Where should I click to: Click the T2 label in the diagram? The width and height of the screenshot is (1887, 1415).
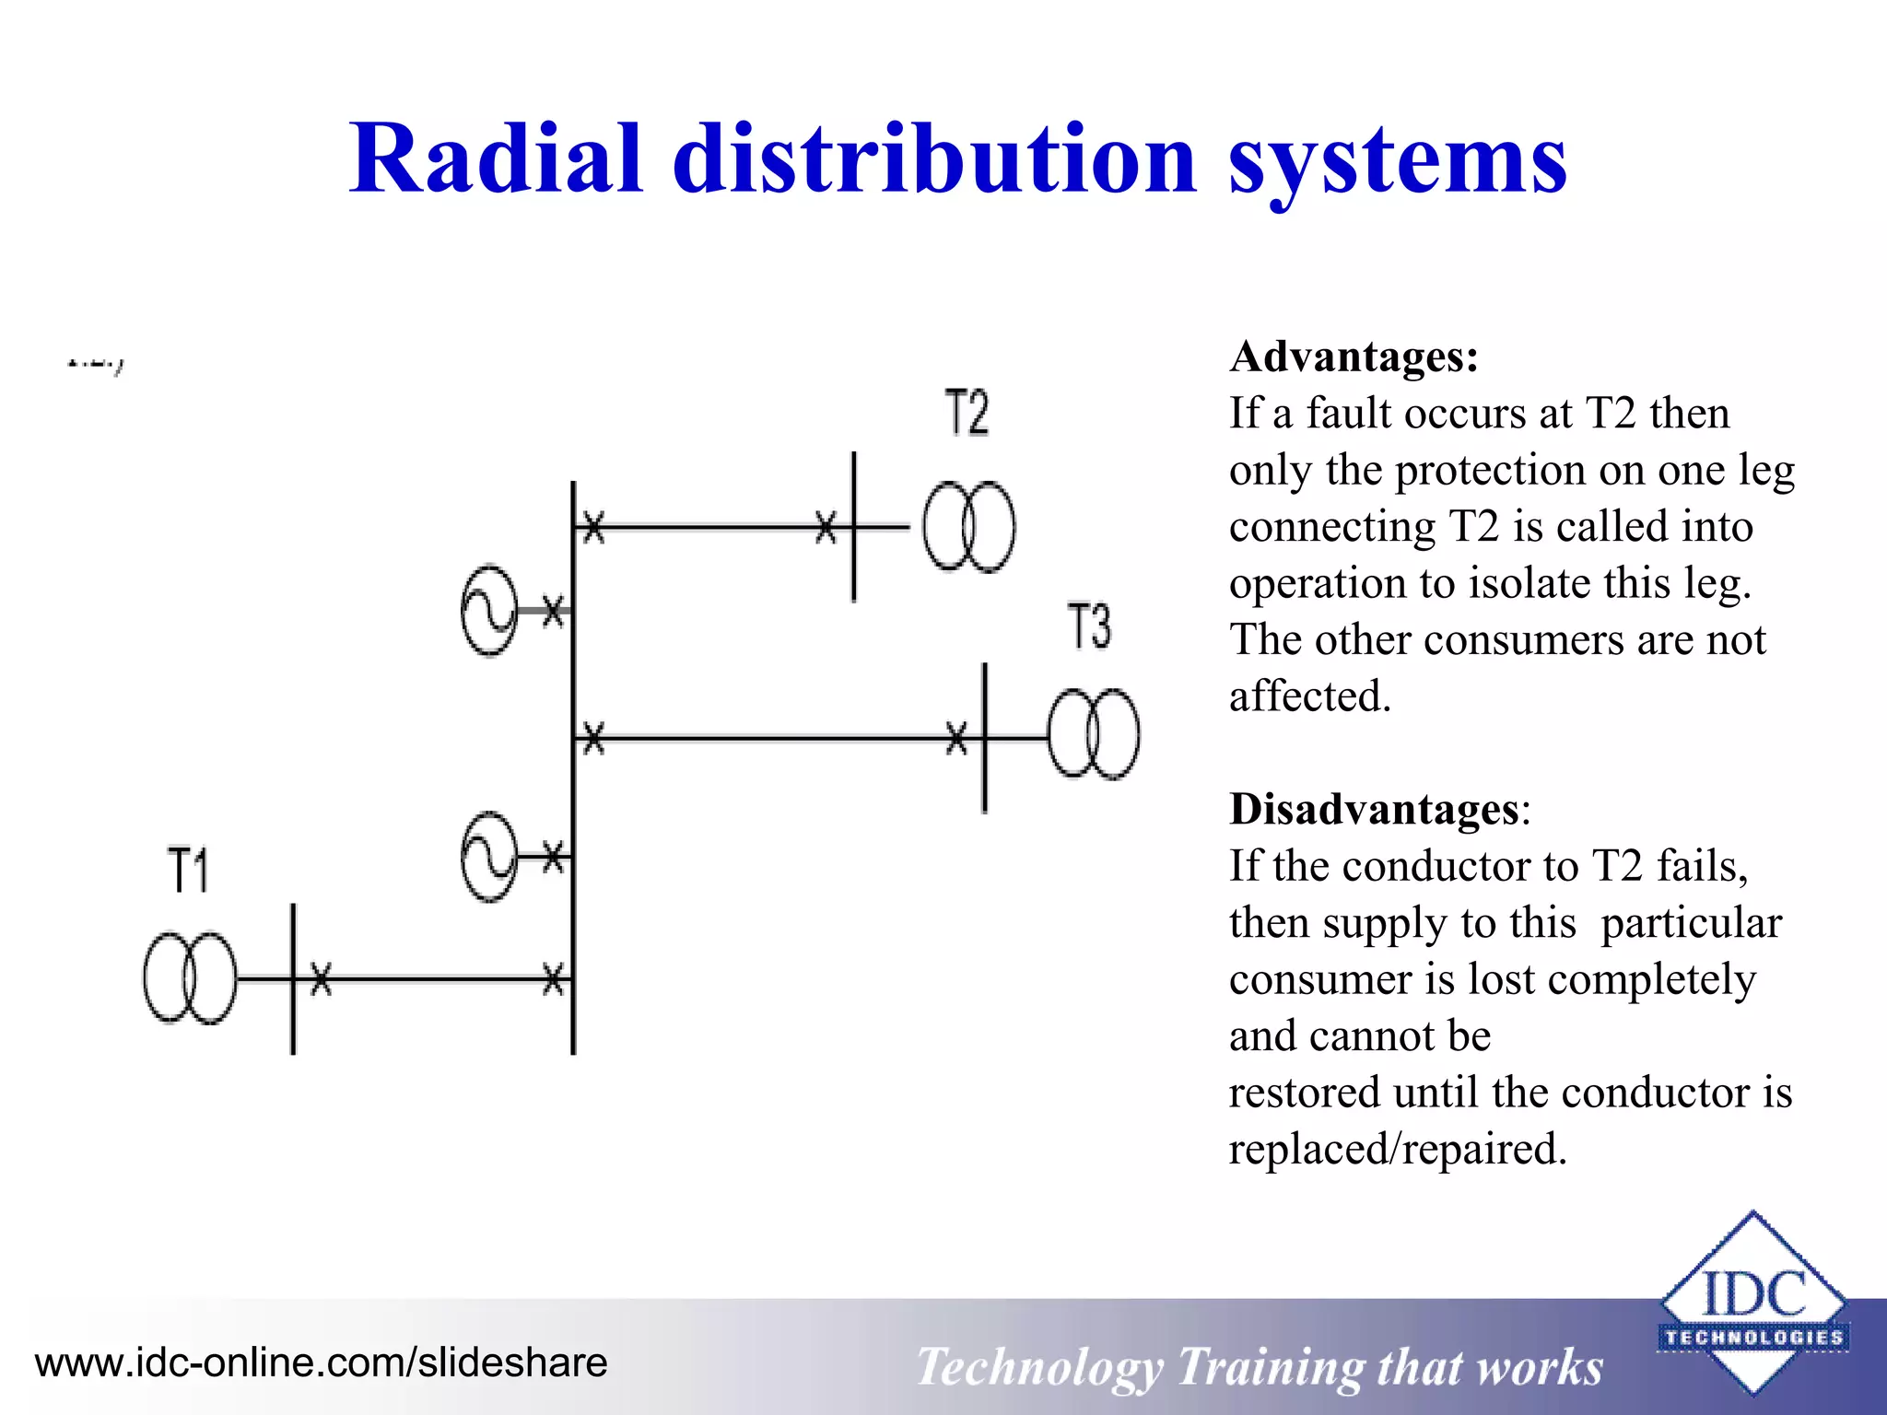tap(967, 412)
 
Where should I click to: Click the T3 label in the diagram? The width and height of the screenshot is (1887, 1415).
tap(1089, 626)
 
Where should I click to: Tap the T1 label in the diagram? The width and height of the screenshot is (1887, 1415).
tap(188, 871)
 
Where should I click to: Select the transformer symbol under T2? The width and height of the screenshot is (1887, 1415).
tap(968, 527)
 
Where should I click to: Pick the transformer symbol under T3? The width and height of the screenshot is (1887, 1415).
tap(1093, 734)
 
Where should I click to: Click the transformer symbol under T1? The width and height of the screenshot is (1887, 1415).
tap(190, 977)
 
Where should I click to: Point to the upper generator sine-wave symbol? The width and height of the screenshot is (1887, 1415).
tap(489, 610)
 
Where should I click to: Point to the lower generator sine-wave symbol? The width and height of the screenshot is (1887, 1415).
tap(489, 857)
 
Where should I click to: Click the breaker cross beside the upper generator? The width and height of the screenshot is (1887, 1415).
tap(552, 610)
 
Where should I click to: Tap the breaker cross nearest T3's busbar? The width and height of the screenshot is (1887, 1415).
tap(957, 737)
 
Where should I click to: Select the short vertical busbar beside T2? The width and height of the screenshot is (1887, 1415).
tap(853, 527)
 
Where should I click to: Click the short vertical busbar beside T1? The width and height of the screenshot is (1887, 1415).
tap(293, 978)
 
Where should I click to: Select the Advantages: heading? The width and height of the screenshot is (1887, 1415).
tap(1354, 357)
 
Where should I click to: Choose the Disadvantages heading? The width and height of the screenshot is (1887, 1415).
tap(1374, 809)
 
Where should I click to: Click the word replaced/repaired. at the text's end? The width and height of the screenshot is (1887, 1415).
tap(1397, 1149)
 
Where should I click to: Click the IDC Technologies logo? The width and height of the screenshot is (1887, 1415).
tap(1752, 1304)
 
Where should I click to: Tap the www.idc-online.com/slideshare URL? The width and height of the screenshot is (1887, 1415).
tap(321, 1362)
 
